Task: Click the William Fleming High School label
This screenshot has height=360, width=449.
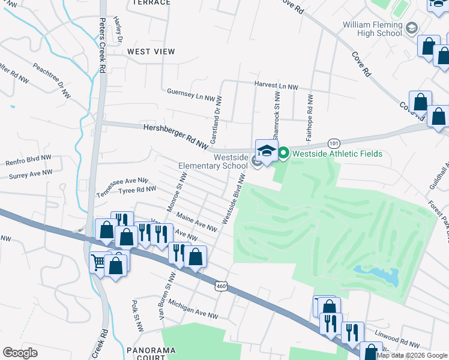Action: pyautogui.click(x=372, y=28)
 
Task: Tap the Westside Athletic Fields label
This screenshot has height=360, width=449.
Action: pyautogui.click(x=337, y=154)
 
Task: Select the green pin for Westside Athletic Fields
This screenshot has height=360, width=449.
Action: pyautogui.click(x=283, y=154)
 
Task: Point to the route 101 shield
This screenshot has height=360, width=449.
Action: pyautogui.click(x=334, y=143)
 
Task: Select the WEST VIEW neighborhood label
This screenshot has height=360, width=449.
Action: pyautogui.click(x=151, y=52)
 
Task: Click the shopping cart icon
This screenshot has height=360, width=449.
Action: pyautogui.click(x=97, y=262)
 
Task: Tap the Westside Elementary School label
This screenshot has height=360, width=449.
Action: pyautogui.click(x=214, y=161)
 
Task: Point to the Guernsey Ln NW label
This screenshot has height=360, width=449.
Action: pyautogui.click(x=191, y=95)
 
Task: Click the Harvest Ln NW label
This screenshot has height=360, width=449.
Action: pyautogui.click(x=276, y=86)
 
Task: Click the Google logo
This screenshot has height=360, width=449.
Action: pyautogui.click(x=20, y=353)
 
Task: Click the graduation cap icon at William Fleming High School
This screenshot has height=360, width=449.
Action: pyautogui.click(x=411, y=28)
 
